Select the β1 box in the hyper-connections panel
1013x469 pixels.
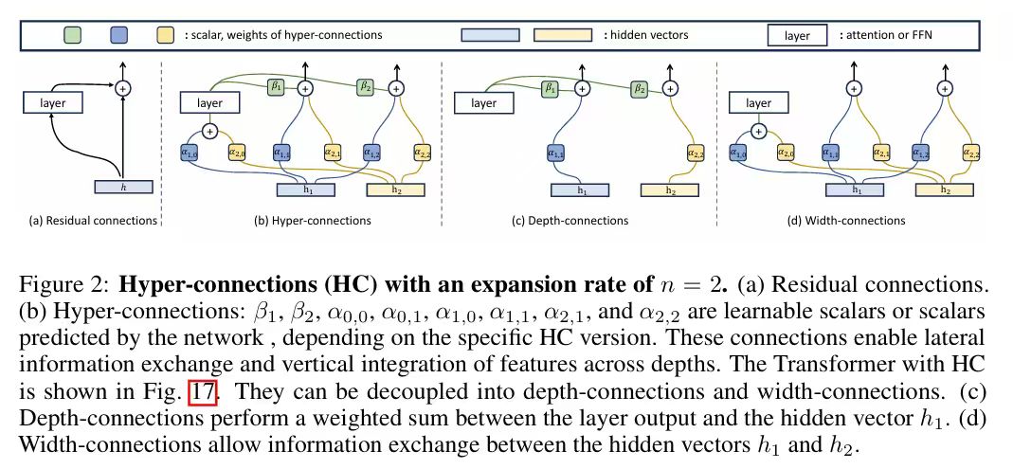point(278,86)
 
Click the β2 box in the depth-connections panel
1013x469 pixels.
point(640,88)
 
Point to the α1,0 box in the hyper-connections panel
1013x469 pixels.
point(190,152)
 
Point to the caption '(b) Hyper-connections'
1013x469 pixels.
point(305,221)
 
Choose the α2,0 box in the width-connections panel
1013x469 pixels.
point(786,152)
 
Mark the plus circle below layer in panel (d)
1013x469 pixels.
point(760,131)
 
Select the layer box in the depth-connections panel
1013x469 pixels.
point(484,101)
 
